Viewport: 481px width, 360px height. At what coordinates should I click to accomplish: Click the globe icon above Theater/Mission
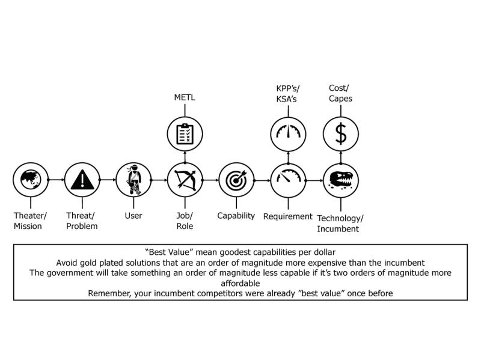tap(30, 179)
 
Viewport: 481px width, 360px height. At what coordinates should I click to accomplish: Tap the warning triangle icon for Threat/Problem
tap(81, 179)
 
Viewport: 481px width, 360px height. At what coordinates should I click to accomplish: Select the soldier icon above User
tap(132, 179)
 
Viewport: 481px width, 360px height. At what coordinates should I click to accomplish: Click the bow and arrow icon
tap(185, 179)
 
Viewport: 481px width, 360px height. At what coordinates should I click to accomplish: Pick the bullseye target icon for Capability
tap(236, 179)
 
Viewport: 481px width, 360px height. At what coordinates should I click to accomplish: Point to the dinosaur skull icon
tap(341, 179)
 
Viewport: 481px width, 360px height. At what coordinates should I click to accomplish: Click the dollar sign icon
tap(341, 134)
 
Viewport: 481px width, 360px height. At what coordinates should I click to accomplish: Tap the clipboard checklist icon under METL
tap(185, 134)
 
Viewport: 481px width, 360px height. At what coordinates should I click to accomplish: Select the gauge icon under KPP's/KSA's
tap(287, 134)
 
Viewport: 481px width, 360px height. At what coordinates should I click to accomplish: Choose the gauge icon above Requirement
tap(287, 179)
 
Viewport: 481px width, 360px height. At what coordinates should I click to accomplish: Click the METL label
tap(185, 98)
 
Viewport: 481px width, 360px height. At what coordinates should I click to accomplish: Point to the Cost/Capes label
tap(341, 93)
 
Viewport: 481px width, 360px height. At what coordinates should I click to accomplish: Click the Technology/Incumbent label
tap(340, 222)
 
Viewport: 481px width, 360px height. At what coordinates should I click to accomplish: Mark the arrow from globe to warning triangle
tap(55, 179)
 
